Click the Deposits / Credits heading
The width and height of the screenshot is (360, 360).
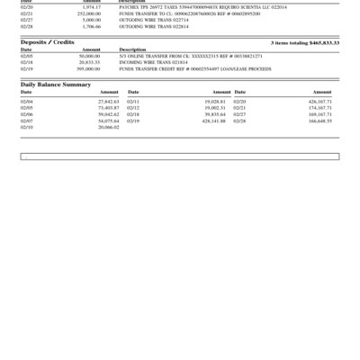tap(47, 42)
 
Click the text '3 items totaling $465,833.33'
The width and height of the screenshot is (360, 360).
tap(305, 42)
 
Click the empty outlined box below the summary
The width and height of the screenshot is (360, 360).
tap(180, 157)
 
